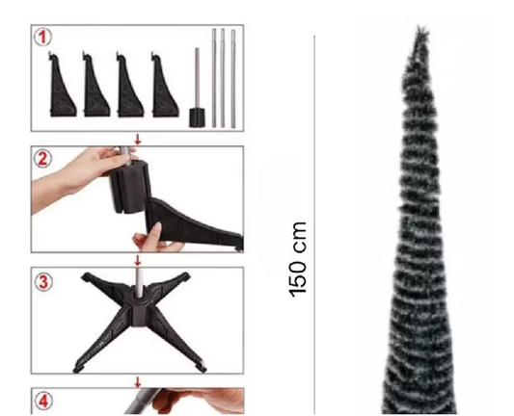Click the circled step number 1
click(x=43, y=37)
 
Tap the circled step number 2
click(x=43, y=159)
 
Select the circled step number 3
click(x=43, y=282)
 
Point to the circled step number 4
click(x=43, y=402)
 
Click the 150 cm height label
click(x=298, y=260)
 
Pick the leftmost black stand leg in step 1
click(x=62, y=85)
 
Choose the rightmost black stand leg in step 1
click(x=165, y=85)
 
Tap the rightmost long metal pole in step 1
click(x=233, y=79)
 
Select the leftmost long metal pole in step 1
click(x=214, y=78)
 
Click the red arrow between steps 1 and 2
click(x=138, y=140)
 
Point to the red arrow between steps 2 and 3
click(x=138, y=261)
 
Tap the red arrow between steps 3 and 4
click(x=138, y=382)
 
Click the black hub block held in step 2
click(x=129, y=187)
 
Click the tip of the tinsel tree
click(x=419, y=26)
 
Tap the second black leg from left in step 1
click(x=96, y=85)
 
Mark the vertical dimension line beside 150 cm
click(x=314, y=225)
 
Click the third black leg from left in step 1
click(x=130, y=85)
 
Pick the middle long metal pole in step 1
click(x=223, y=78)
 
